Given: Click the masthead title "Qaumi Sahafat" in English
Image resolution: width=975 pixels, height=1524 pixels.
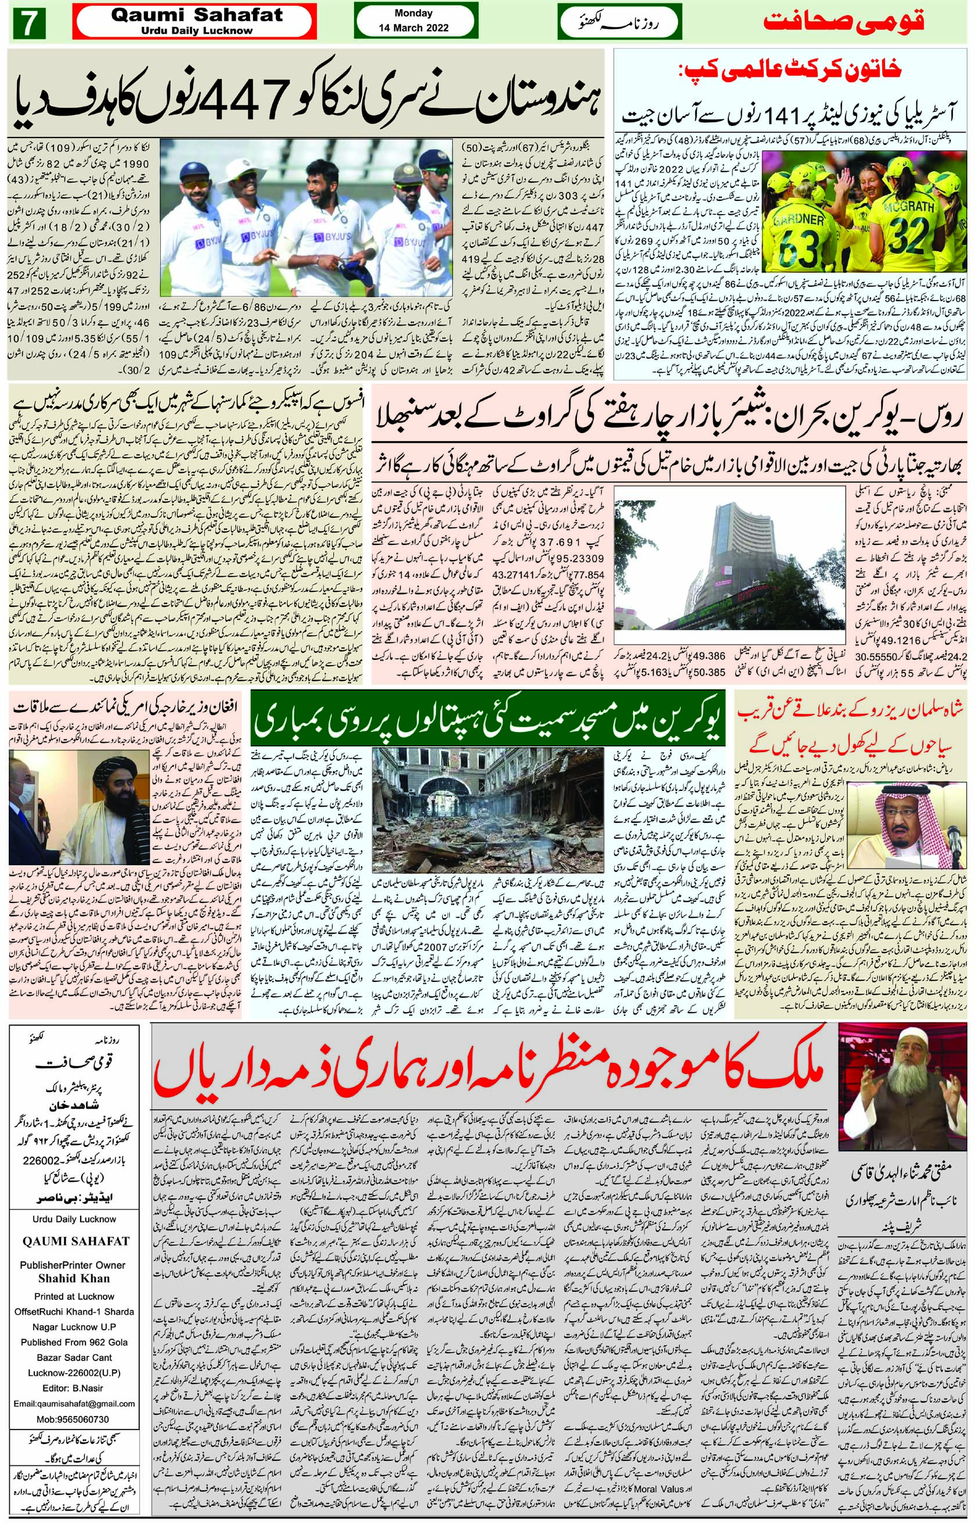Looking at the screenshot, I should pyautogui.click(x=196, y=16).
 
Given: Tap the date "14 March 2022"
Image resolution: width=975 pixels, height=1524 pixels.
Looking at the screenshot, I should pyautogui.click(x=413, y=28).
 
